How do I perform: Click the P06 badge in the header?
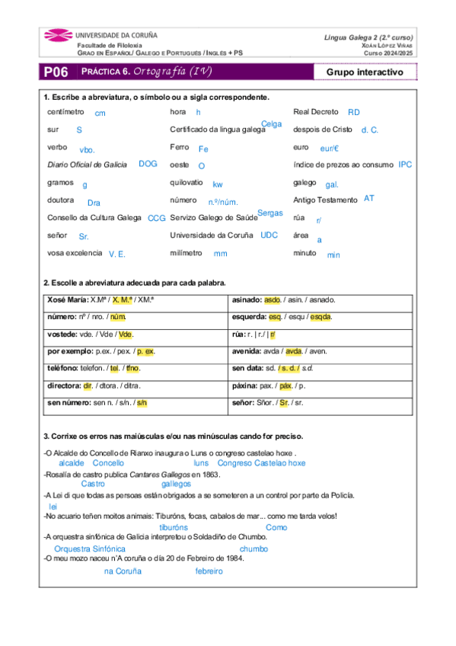click(x=56, y=72)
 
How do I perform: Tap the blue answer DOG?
click(x=148, y=164)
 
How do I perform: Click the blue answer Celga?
click(x=271, y=124)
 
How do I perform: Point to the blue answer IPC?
click(x=406, y=165)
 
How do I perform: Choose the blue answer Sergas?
click(x=270, y=213)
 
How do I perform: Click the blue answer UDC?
click(x=269, y=235)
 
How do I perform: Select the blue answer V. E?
click(x=116, y=254)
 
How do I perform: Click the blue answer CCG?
click(x=156, y=219)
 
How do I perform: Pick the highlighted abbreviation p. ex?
click(x=145, y=351)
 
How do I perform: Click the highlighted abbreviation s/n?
click(x=142, y=402)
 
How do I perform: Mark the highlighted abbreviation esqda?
click(x=320, y=316)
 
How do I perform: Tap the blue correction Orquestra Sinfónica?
click(x=89, y=548)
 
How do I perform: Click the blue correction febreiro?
click(x=209, y=571)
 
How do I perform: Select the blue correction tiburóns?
click(x=174, y=527)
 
